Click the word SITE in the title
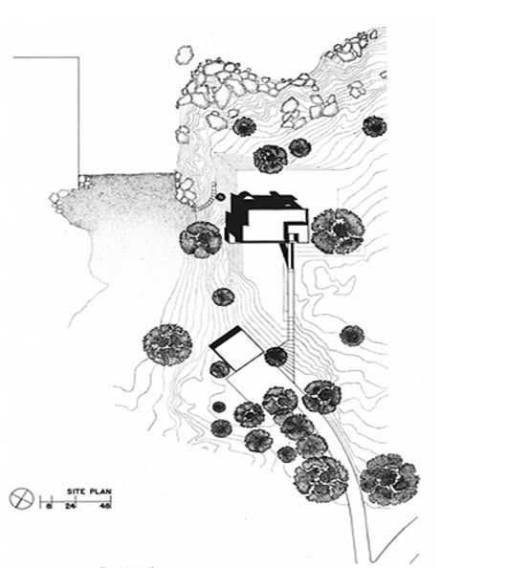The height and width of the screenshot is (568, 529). coord(76,492)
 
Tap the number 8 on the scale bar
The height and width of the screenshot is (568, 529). coord(48,506)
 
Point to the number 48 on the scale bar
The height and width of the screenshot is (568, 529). coord(105,506)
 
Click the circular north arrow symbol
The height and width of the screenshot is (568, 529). coord(21,498)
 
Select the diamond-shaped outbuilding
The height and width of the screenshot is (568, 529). coord(236,348)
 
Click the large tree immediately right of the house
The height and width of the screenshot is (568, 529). coord(338,230)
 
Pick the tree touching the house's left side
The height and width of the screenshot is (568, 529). coord(201,239)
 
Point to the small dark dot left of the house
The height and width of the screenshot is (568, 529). coord(220,197)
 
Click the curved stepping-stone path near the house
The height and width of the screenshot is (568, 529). coord(207,200)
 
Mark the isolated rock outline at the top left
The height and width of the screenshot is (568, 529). coord(185,55)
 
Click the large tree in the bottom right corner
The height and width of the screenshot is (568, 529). coord(389,479)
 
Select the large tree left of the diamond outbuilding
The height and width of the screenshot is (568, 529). coord(167,344)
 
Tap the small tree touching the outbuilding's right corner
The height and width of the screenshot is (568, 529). coord(276,357)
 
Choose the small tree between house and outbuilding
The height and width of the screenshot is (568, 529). coord(223,297)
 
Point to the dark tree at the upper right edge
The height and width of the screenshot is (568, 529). coord(375,126)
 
